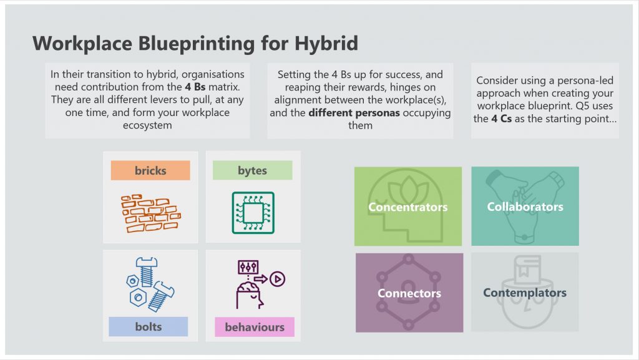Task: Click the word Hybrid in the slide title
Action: pos(326,44)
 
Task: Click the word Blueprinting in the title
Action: pos(197,44)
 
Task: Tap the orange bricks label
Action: pos(150,170)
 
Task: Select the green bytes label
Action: pos(252,170)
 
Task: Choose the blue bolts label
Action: pos(149,326)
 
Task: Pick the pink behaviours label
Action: pos(255,327)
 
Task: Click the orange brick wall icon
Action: pos(151,213)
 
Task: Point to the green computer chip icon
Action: pos(253,213)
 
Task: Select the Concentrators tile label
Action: pos(408,207)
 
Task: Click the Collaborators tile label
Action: pos(525,207)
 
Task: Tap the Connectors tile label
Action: pos(409,293)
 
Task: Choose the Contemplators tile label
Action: pos(525,293)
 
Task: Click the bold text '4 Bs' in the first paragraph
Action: pos(195,87)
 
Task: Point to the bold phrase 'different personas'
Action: pos(354,113)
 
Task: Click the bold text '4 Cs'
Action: pos(501,119)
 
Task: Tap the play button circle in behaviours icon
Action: pos(278,279)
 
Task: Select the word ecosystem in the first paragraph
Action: pos(147,125)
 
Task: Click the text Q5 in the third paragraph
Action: pos(582,106)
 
